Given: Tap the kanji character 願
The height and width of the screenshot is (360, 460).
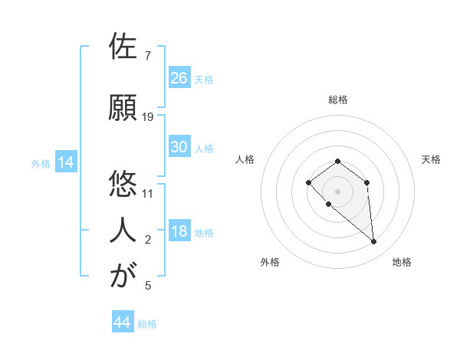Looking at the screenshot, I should pos(123,107).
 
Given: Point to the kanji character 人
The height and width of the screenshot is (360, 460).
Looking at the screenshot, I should pos(123,229).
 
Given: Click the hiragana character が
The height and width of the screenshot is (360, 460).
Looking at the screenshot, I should pos(123,275).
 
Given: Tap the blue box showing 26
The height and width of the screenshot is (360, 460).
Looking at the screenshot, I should pos(179,78).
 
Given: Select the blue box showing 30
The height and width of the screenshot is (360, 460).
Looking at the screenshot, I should pos(179,147).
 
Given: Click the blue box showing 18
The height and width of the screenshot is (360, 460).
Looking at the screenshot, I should pos(179,232).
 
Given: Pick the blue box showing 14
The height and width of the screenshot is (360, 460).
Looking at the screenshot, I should pos(66,162).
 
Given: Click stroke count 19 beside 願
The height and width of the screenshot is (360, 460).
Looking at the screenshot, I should pos(148,117).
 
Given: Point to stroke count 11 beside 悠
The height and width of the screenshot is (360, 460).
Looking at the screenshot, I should pos(148,192).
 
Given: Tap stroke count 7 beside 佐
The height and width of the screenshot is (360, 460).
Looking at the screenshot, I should pos(148,56).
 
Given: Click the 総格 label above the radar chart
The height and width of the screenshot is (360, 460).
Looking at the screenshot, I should pos(337,100).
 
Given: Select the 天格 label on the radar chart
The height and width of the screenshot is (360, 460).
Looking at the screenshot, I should pos(431,159).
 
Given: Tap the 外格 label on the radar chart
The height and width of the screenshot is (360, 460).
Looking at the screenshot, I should pos(270,262).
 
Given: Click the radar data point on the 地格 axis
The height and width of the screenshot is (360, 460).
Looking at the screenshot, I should pos(374,242).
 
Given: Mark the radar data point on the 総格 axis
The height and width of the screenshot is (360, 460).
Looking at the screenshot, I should pos(337,161).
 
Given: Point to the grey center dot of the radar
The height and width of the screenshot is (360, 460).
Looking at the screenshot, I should pos(337,191).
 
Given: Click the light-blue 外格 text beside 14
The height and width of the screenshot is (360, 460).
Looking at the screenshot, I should pos(40,163).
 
